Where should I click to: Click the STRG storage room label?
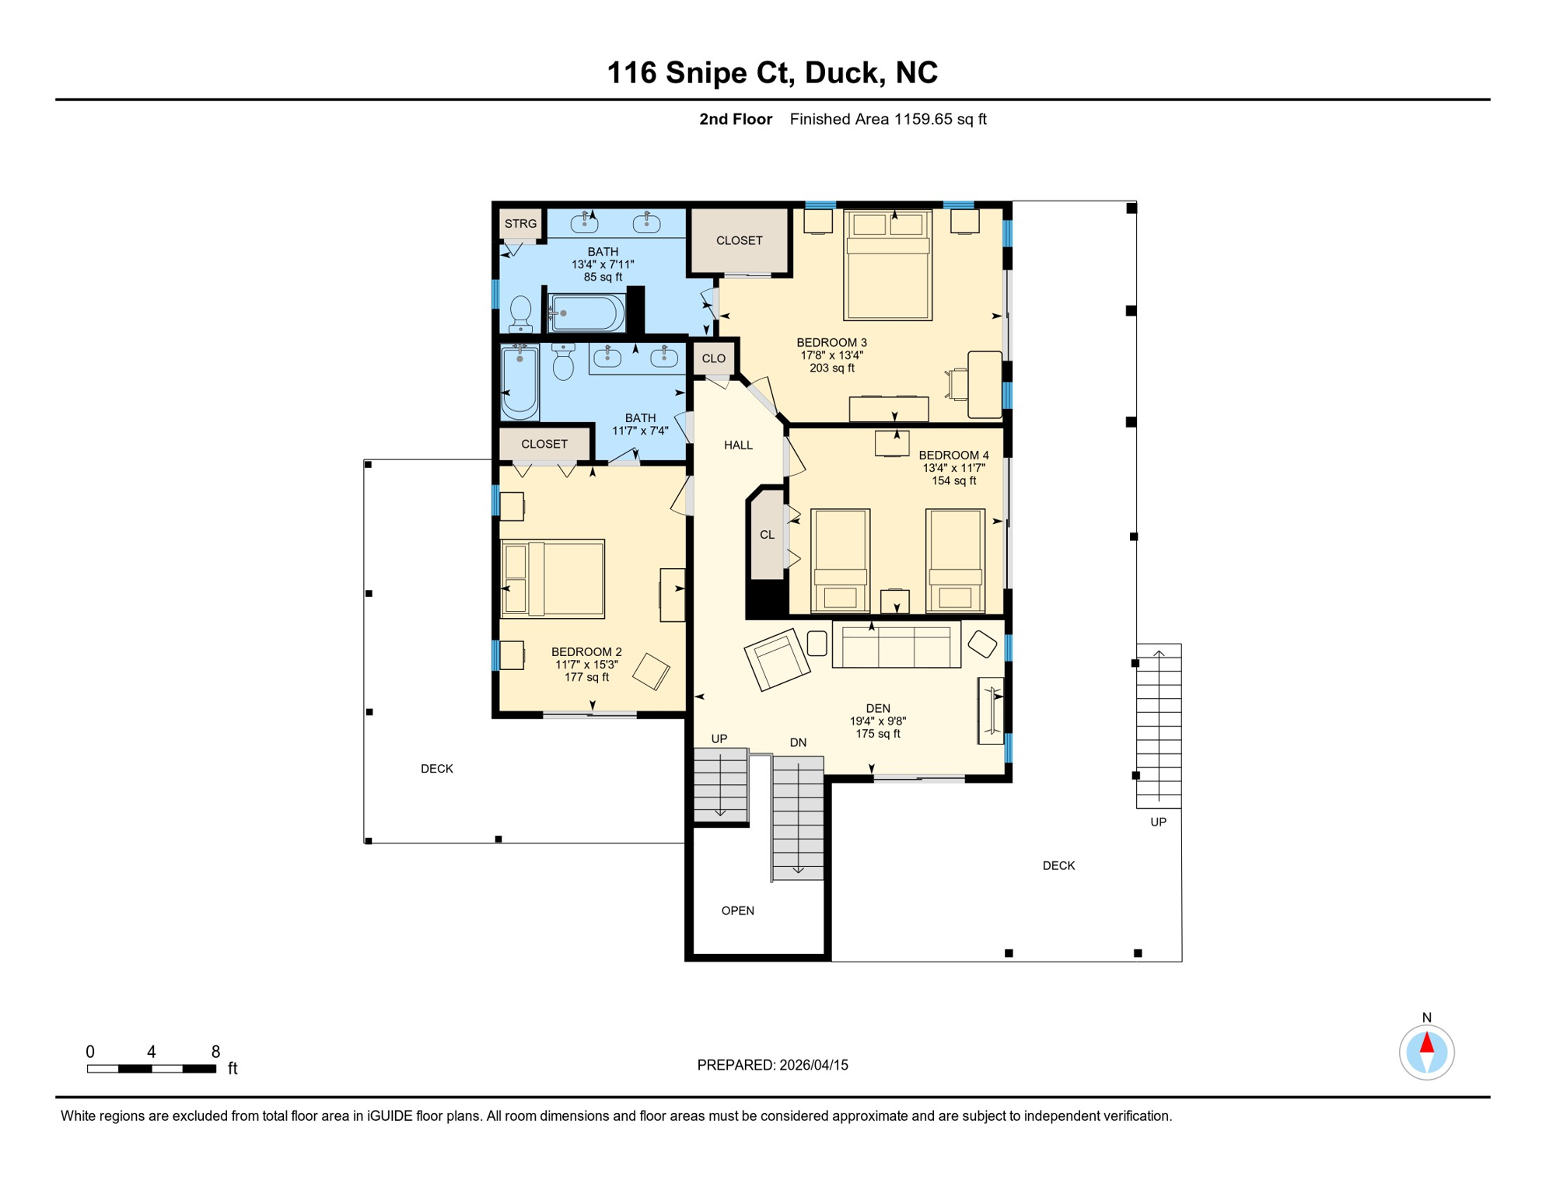click(x=520, y=224)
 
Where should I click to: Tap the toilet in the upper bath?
click(x=520, y=314)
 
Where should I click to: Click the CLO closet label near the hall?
click(x=713, y=358)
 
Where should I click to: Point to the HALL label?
click(x=738, y=445)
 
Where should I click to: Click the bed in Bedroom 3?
click(x=888, y=265)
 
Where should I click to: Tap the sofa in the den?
click(x=896, y=644)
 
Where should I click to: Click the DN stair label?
click(x=798, y=742)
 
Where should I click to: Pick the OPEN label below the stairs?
click(x=737, y=911)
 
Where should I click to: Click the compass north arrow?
click(x=1426, y=1043)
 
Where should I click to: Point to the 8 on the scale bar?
click(x=215, y=1052)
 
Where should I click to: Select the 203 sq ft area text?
click(x=831, y=368)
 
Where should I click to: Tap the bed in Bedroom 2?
click(x=553, y=579)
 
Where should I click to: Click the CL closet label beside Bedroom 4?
click(x=767, y=535)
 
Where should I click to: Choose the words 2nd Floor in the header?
click(x=735, y=120)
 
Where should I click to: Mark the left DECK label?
click(x=436, y=769)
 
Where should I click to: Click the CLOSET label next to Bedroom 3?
click(x=739, y=241)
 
